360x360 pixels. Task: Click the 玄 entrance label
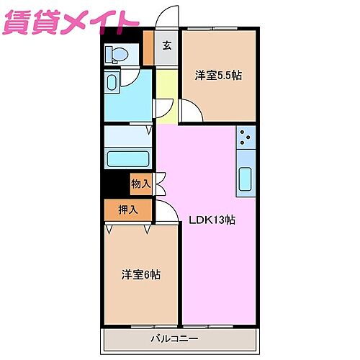pyautogui.click(x=166, y=46)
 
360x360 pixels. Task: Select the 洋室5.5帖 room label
pyautogui.click(x=217, y=74)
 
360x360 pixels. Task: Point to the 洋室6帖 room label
pyautogui.click(x=140, y=274)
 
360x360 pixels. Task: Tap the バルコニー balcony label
pyautogui.click(x=180, y=337)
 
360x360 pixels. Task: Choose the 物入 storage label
pyautogui.click(x=140, y=184)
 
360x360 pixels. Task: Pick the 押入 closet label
pyautogui.click(x=128, y=210)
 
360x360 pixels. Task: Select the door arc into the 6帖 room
pyautogui.click(x=166, y=212)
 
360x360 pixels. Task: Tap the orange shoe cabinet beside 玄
pyautogui.click(x=148, y=48)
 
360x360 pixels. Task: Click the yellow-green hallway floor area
pyautogui.click(x=166, y=86)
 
